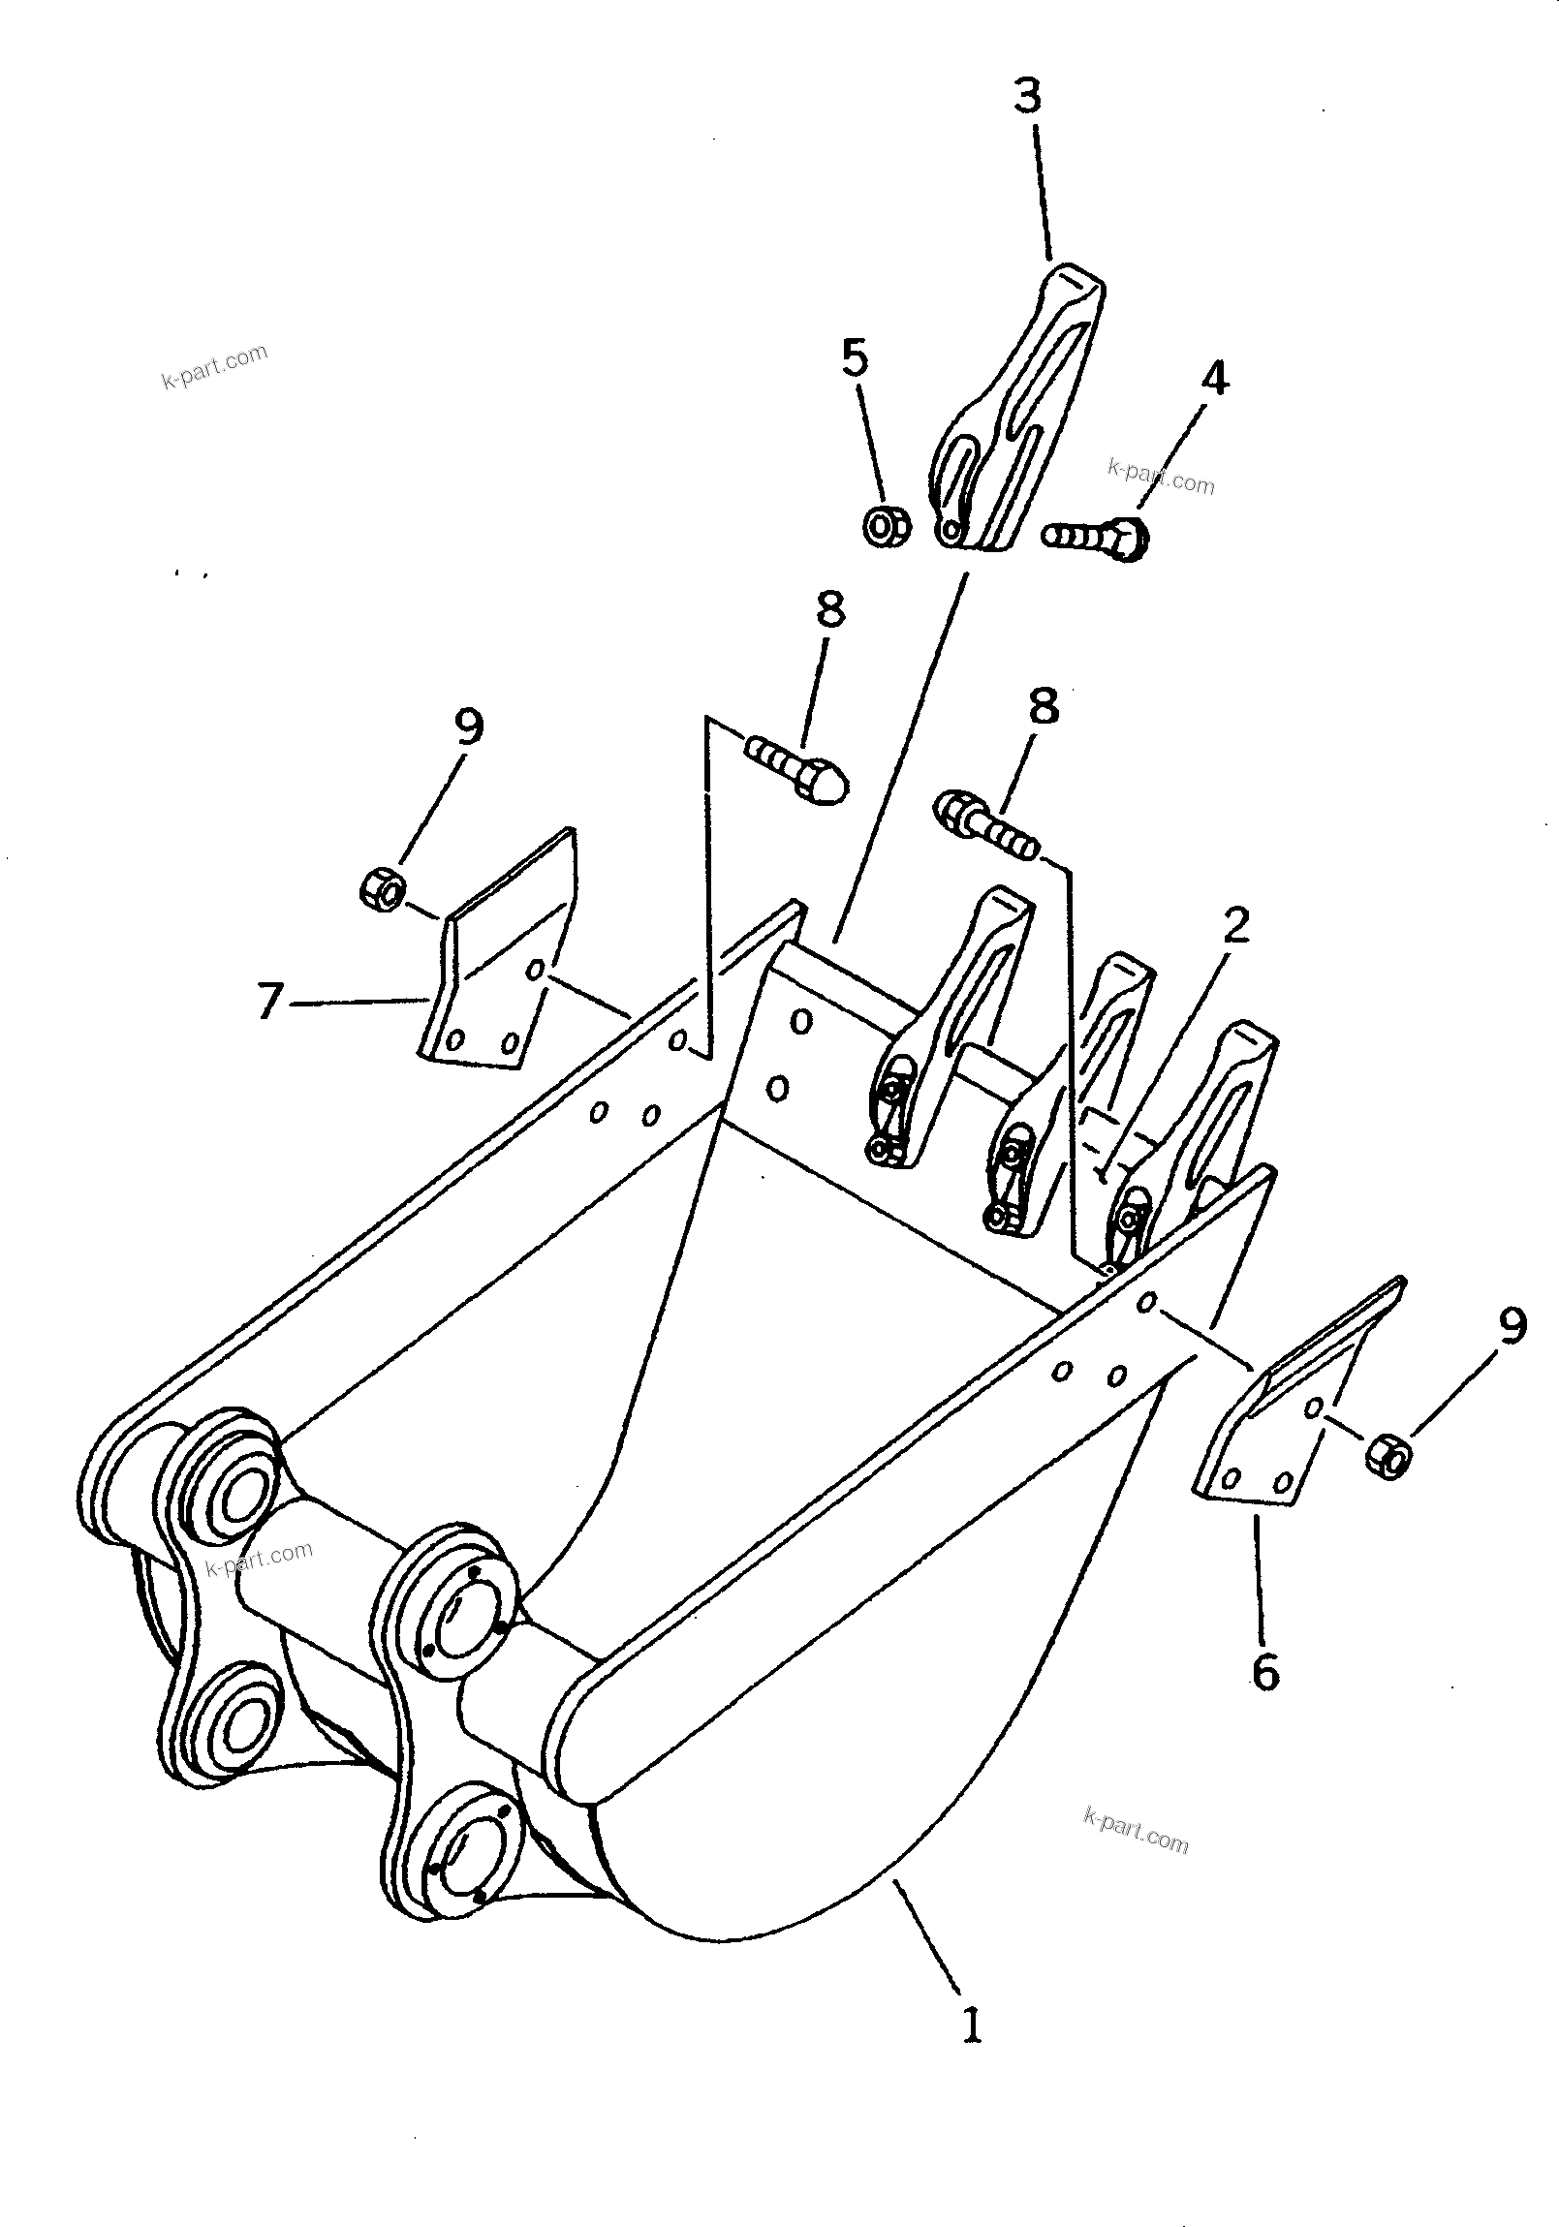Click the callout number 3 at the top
point(1026,97)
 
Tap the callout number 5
point(854,357)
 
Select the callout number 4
point(1214,378)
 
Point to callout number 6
point(1265,1672)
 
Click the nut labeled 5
point(885,526)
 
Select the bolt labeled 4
point(1097,536)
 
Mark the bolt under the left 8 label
point(797,766)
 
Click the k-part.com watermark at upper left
point(214,365)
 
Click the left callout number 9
point(469,727)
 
